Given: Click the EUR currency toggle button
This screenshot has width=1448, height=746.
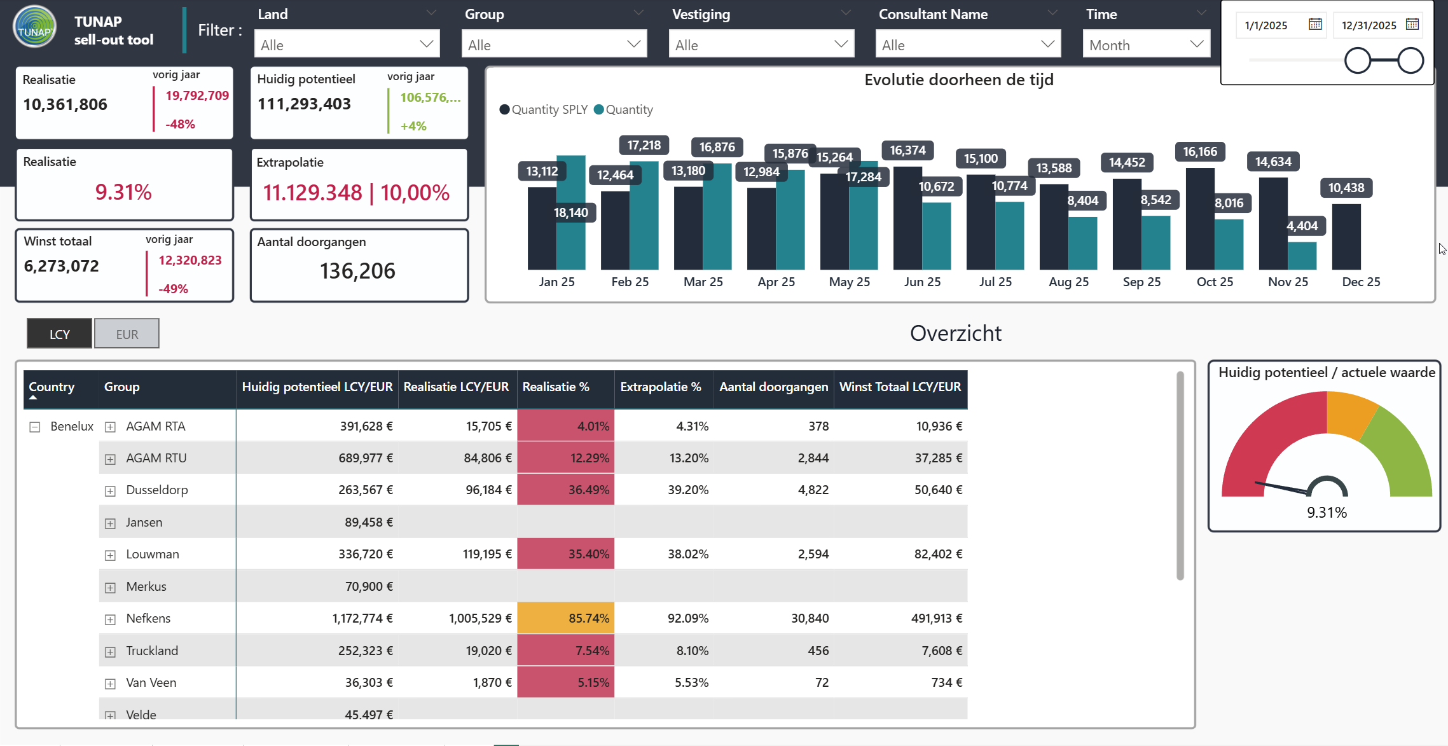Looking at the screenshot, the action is tap(127, 334).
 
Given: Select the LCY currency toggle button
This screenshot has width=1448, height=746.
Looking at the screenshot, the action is tap(60, 334).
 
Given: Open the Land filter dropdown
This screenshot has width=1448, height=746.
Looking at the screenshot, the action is tap(347, 45).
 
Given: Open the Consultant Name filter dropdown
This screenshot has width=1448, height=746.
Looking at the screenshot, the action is tap(968, 45).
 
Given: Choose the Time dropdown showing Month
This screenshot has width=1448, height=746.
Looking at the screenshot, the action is tap(1146, 45).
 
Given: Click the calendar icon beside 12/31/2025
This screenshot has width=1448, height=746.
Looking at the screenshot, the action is tap(1412, 24).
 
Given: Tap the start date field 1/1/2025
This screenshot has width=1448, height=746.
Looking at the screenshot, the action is tap(1265, 25).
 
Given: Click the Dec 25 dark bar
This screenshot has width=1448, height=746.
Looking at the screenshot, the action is tap(1346, 237).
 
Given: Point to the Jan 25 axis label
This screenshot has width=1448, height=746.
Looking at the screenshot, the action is tap(556, 282).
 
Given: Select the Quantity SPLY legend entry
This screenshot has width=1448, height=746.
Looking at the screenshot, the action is tap(544, 109).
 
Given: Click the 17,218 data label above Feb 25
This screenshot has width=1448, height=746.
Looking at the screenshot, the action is tap(644, 145).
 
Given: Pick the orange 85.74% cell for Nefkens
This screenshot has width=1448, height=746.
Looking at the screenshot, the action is tap(566, 618).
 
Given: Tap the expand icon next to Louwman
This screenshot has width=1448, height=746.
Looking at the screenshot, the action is tap(110, 555).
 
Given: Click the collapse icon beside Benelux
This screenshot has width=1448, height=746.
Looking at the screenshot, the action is tap(35, 427).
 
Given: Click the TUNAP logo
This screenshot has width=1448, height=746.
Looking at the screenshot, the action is tap(34, 27).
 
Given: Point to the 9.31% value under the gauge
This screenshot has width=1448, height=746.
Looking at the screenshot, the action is tap(1327, 512).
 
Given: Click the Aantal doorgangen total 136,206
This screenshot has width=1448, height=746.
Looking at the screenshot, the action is tap(357, 271).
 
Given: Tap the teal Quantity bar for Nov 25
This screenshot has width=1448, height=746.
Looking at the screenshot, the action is tap(1302, 256).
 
